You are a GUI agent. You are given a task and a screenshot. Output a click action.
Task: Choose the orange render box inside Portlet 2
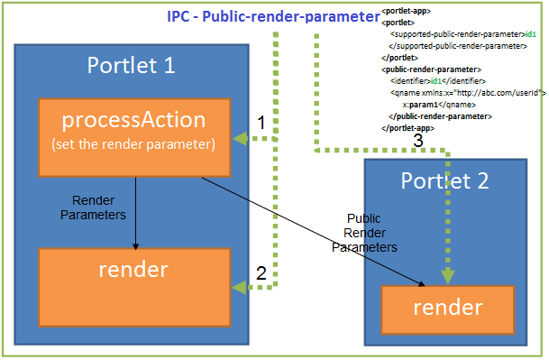tap(447, 308)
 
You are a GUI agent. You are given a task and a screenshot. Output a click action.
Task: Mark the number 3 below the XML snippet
tap(417, 141)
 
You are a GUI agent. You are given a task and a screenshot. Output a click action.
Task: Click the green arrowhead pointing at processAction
tap(239, 138)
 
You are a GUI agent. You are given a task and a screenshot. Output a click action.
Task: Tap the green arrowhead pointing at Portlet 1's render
tap(239, 287)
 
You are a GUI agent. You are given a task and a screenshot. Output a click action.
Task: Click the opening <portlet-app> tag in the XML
tap(405, 12)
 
